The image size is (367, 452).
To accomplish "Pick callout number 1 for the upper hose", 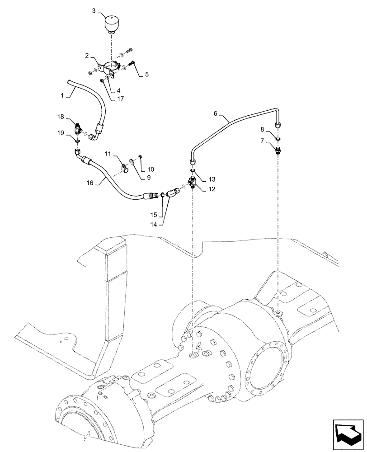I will click(63, 96).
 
